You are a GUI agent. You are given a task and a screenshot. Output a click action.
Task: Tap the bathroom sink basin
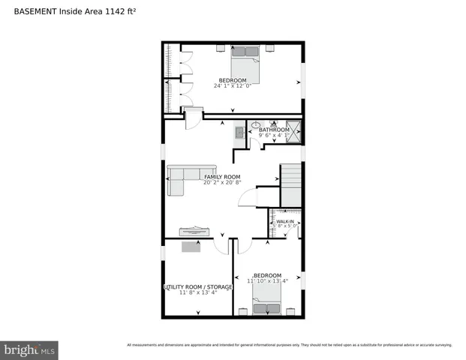pyautogui.click(x=256, y=125)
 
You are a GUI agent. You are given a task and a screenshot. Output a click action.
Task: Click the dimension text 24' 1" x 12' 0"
pyautogui.click(x=233, y=86)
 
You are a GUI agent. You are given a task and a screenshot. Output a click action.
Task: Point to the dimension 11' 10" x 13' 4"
pyautogui.click(x=268, y=281)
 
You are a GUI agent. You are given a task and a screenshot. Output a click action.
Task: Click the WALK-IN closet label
pyautogui.click(x=285, y=222)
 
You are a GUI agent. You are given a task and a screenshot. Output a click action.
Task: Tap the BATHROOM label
pyautogui.click(x=274, y=130)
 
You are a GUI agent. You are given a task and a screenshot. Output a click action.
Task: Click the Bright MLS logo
pyautogui.click(x=29, y=349)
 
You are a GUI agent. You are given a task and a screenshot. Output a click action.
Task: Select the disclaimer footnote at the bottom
pyautogui.click(x=289, y=345)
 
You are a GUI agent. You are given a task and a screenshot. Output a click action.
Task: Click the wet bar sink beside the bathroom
pyautogui.click(x=239, y=133)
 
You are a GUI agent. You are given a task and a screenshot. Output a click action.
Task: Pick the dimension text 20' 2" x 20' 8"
pyautogui.click(x=223, y=182)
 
